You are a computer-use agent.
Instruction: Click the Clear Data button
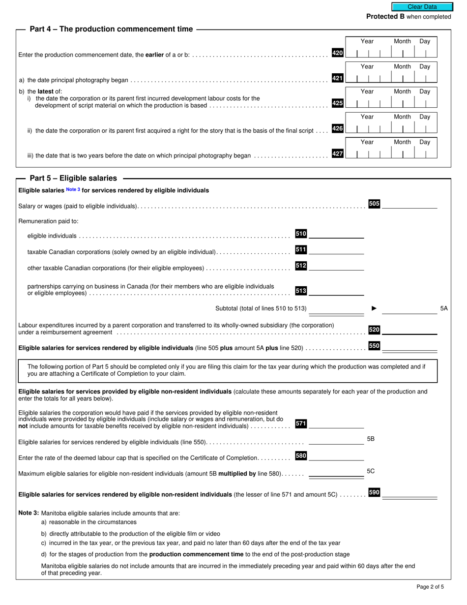point(422,7)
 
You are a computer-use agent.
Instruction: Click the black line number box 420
point(338,53)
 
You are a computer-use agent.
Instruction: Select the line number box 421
point(338,78)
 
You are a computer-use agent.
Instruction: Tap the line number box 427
point(338,154)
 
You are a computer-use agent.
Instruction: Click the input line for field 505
point(409,205)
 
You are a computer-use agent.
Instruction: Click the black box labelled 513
point(301,291)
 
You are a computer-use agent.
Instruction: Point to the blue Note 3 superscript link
point(73,190)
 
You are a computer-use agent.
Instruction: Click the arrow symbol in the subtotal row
point(374,308)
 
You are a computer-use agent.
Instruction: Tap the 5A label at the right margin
point(444,308)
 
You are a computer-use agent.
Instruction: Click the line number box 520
point(374,330)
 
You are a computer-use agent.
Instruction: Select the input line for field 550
point(409,347)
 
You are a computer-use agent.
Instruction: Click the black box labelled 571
point(301,423)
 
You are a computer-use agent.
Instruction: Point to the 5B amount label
point(371,439)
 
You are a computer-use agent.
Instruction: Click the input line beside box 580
point(336,457)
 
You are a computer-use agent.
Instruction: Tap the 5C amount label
point(371,471)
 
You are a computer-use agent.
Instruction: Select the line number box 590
point(374,492)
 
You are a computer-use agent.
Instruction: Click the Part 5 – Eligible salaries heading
point(73,178)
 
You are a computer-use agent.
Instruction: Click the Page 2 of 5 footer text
point(430,587)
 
